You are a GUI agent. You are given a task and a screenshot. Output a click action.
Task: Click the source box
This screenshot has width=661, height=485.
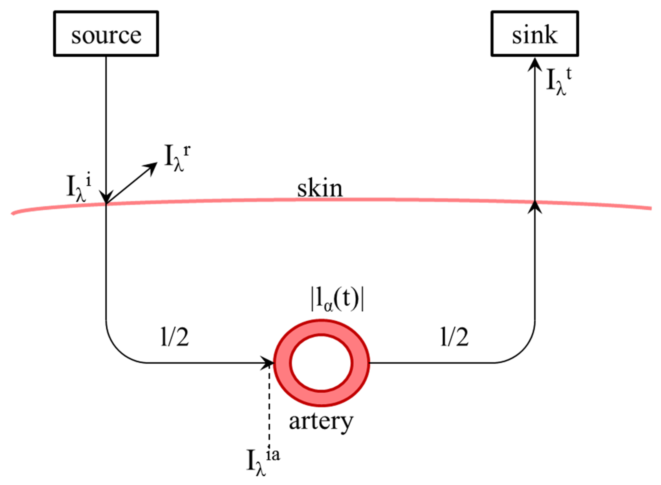coord(106,34)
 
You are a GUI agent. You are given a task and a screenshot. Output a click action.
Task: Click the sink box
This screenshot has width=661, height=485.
coord(534,34)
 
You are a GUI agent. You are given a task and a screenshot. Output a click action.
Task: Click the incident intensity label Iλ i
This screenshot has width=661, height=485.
coord(79,189)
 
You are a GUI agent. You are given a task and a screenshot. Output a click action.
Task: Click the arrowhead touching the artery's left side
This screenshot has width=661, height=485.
coord(268,363)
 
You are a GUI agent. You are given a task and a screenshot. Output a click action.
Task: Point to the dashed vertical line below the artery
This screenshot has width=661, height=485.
coord(269,408)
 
